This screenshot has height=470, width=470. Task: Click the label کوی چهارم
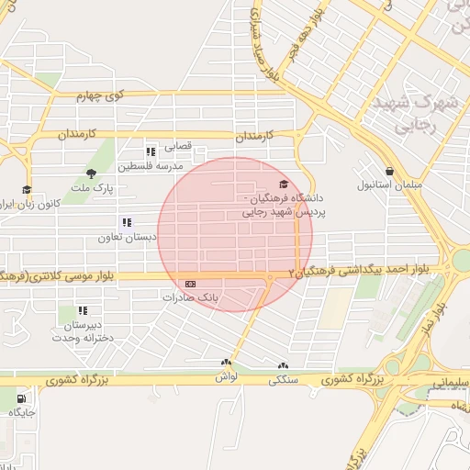pyautogui.click(x=98, y=95)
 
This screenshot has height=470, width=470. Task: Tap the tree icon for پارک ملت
pyautogui.click(x=90, y=173)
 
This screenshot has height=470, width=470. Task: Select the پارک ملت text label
pyautogui.click(x=95, y=187)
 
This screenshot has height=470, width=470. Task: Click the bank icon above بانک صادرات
pyautogui.click(x=190, y=284)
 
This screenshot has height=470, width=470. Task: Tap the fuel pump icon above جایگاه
pyautogui.click(x=21, y=398)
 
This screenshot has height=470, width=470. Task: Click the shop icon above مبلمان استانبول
pyautogui.click(x=390, y=171)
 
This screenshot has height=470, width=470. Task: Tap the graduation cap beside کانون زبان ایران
pyautogui.click(x=27, y=190)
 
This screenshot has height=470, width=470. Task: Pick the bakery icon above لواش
pyautogui.click(x=226, y=364)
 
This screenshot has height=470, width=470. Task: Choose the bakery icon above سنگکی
pyautogui.click(x=282, y=365)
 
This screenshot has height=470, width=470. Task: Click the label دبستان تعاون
pyautogui.click(x=128, y=236)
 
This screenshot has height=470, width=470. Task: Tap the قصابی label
pyautogui.click(x=178, y=146)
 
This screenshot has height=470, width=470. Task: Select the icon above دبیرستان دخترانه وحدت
pyautogui.click(x=83, y=311)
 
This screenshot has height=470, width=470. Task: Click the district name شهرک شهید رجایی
pyautogui.click(x=413, y=110)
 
